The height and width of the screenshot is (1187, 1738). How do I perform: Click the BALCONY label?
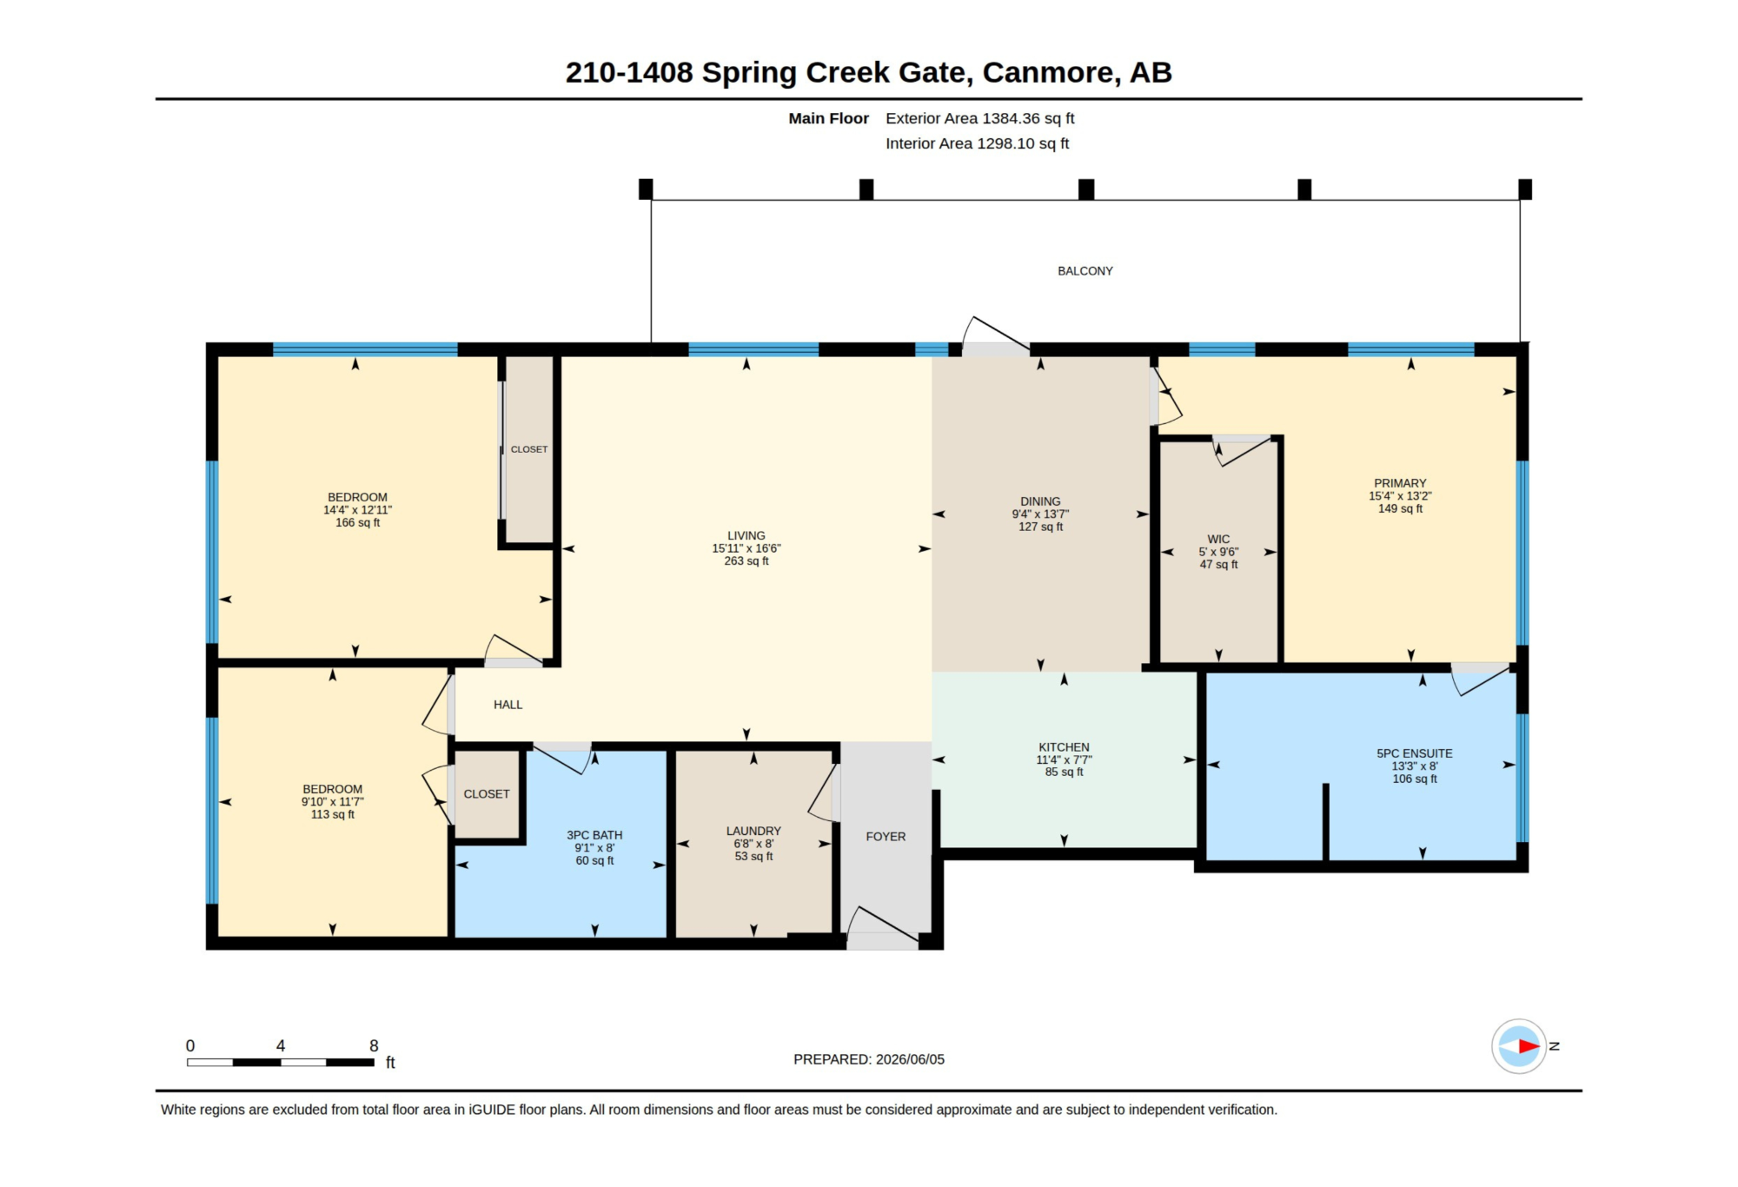(x=1085, y=271)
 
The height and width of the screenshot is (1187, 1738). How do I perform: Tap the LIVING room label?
(x=746, y=536)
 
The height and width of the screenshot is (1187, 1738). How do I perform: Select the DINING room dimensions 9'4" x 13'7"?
(x=1040, y=514)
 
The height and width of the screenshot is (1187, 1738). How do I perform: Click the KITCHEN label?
(x=1064, y=747)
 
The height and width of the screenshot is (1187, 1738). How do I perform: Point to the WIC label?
(x=1218, y=540)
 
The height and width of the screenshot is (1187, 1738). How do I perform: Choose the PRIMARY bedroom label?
(x=1400, y=483)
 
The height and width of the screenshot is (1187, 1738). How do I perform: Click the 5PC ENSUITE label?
(x=1415, y=753)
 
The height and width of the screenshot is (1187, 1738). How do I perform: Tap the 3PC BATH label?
(x=594, y=835)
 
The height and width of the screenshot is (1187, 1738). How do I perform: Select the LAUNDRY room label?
(x=753, y=831)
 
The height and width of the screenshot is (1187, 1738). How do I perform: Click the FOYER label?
(x=886, y=837)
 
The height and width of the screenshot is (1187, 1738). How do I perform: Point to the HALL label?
(x=508, y=705)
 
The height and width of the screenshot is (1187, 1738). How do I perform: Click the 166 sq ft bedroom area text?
(x=357, y=523)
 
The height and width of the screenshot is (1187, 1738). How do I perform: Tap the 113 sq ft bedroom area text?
(x=332, y=815)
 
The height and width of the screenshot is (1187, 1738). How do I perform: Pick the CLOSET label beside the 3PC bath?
(x=487, y=794)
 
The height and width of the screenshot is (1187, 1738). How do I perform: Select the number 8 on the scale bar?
(x=374, y=1046)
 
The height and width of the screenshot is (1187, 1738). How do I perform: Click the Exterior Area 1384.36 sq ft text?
(x=980, y=118)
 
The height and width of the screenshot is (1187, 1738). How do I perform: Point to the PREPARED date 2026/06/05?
(x=910, y=1059)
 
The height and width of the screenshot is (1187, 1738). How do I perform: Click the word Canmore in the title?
(x=1048, y=72)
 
